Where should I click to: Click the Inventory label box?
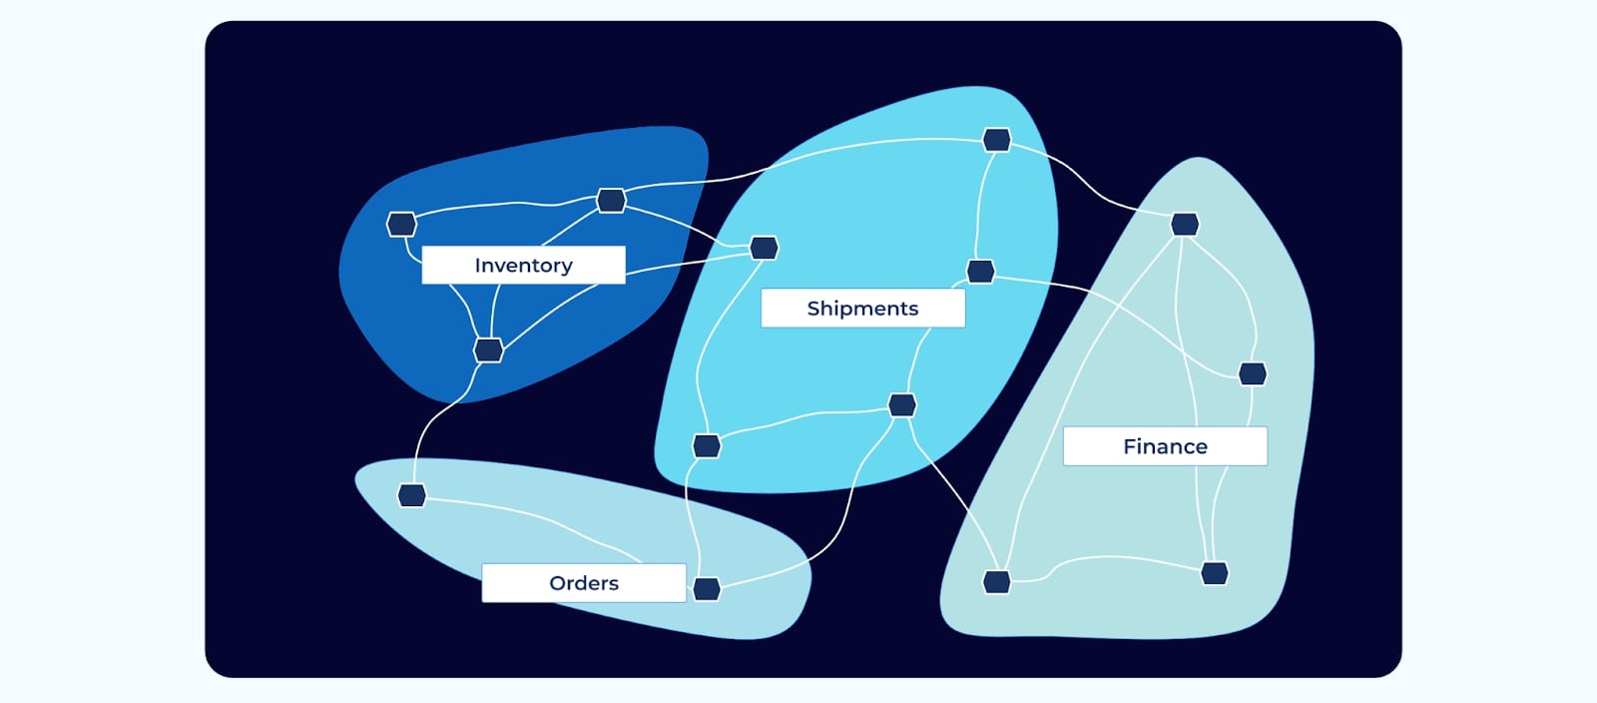523,265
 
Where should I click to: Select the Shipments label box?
862,309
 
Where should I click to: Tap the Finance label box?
1165,446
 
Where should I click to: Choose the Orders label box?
584,583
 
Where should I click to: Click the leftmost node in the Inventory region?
401,224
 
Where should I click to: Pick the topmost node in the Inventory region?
611,201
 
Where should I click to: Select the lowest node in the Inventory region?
488,351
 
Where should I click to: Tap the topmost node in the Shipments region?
996,140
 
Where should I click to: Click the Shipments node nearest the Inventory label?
764,248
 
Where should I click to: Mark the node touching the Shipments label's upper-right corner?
980,272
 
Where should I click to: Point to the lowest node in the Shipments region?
707,445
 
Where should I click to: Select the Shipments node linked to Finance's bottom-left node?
902,405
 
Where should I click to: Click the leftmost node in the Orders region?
411,495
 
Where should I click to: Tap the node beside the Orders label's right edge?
707,589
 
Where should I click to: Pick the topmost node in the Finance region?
1185,224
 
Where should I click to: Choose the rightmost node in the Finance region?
1253,373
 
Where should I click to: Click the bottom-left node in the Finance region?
996,581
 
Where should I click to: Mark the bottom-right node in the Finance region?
1214,573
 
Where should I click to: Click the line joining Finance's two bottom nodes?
1108,558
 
